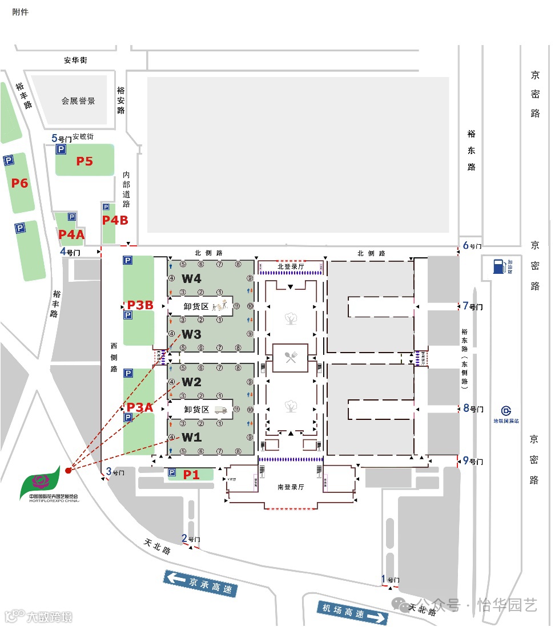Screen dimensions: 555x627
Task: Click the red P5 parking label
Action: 85,161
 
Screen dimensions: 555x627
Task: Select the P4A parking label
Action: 71,234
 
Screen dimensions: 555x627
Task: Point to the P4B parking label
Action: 115,220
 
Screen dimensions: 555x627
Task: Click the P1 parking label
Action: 191,474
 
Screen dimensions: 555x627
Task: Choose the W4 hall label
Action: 191,279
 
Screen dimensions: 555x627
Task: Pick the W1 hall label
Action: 191,438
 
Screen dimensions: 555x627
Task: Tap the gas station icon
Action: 498,265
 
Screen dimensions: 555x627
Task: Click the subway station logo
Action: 506,411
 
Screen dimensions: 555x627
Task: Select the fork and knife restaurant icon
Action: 290,358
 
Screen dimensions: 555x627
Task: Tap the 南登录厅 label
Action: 290,487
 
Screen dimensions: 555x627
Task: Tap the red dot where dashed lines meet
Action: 68,471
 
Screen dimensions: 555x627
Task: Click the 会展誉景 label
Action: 78,101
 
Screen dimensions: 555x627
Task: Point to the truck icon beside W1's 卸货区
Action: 221,410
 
